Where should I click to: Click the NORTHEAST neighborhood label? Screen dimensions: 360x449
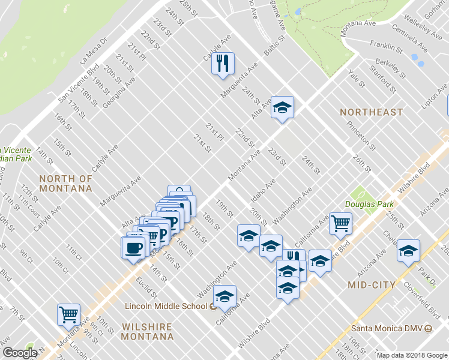[371, 112]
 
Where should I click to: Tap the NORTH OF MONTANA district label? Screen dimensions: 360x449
[66, 183]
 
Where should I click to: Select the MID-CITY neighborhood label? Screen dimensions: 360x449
[371, 285]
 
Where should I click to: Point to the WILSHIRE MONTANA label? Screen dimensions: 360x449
[147, 332]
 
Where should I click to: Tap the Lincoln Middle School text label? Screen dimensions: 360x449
[166, 306]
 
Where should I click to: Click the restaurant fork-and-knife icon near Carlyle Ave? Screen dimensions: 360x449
[223, 63]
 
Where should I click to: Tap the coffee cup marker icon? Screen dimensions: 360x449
[133, 247]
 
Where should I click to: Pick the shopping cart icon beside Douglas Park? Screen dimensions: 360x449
[340, 223]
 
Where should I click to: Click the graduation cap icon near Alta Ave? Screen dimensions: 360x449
[282, 107]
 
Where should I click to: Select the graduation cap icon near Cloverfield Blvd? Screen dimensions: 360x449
[408, 250]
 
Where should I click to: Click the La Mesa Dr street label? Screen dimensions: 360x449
[94, 51]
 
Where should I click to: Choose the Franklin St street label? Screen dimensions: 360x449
[386, 46]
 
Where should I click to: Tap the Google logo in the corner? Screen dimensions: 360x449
[19, 353]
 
